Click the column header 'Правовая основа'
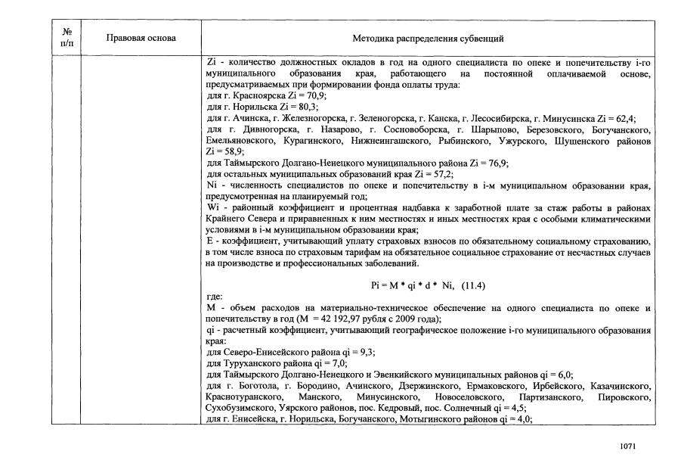[141, 38]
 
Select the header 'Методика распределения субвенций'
[428, 38]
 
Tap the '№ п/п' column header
[67, 38]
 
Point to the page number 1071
[627, 446]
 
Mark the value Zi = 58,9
[223, 151]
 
